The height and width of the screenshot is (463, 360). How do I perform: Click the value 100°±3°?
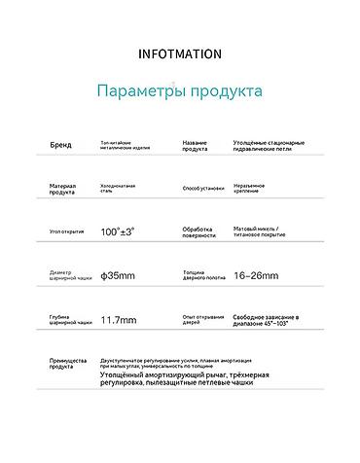(117, 232)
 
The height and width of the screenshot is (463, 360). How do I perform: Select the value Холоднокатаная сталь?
(118, 189)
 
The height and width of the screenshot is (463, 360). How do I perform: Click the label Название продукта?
(196, 146)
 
